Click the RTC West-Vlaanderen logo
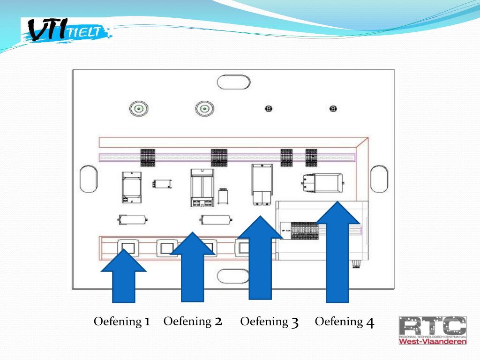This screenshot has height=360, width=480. pyautogui.click(x=432, y=330)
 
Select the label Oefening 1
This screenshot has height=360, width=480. pyautogui.click(x=122, y=322)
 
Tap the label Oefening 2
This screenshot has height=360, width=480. pyautogui.click(x=193, y=321)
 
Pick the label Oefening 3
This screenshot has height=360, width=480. pyautogui.click(x=270, y=322)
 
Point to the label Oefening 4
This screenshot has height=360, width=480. pyautogui.click(x=345, y=322)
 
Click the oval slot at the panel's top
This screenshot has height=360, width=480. pyautogui.click(x=233, y=82)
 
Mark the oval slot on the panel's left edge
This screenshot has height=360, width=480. pyautogui.click(x=89, y=179)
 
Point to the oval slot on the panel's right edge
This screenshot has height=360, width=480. pyautogui.click(x=378, y=179)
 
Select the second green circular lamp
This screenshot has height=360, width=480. pyautogui.click(x=204, y=109)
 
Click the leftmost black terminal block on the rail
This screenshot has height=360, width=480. pyautogui.click(x=148, y=157)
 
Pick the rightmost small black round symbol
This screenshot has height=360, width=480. pyautogui.click(x=333, y=109)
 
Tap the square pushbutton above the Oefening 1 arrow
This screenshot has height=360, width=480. pyautogui.click(x=127, y=247)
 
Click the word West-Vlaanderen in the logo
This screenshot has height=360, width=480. pyautogui.click(x=432, y=341)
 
